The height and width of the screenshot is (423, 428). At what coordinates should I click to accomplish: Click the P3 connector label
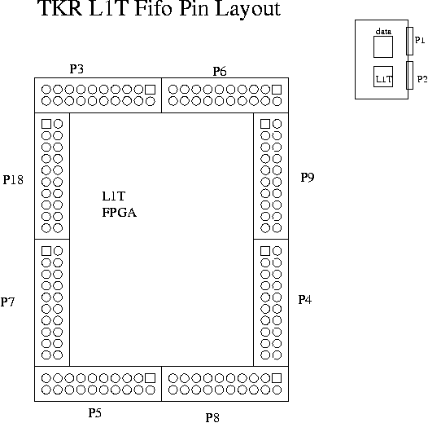pos(76,69)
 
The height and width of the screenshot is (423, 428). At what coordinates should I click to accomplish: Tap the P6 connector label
pos(220,72)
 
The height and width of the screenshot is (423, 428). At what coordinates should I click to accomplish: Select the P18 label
pos(13,180)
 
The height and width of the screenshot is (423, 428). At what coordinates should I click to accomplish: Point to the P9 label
pos(308,178)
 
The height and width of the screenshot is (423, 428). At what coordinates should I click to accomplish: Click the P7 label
pos(7,302)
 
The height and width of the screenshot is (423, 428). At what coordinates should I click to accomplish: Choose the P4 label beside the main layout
pos(305,300)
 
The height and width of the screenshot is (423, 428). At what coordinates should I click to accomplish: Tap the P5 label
pos(95,413)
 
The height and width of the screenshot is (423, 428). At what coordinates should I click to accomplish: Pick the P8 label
pos(212,418)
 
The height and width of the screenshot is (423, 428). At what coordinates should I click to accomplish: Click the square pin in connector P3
pos(151,90)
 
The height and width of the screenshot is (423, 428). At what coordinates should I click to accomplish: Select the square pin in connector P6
pos(277,90)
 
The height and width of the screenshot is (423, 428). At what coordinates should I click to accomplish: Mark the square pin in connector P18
pos(46,124)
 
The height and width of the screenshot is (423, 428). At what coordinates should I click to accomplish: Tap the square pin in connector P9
pos(265,124)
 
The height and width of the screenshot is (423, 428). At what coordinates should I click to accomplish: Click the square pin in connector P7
pos(46,251)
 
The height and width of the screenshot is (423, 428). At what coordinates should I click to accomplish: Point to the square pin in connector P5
pos(151,378)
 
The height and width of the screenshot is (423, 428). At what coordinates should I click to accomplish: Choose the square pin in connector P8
pos(277,378)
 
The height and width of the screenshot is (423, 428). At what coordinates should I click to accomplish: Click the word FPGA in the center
pos(120,213)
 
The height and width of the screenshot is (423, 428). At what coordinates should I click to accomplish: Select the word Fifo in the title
pos(154,8)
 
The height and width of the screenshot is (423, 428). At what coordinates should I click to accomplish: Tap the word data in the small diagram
pos(383,32)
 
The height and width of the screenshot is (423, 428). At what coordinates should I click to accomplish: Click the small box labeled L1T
pos(383,77)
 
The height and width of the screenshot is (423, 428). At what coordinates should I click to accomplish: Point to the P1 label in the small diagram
pos(420,40)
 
